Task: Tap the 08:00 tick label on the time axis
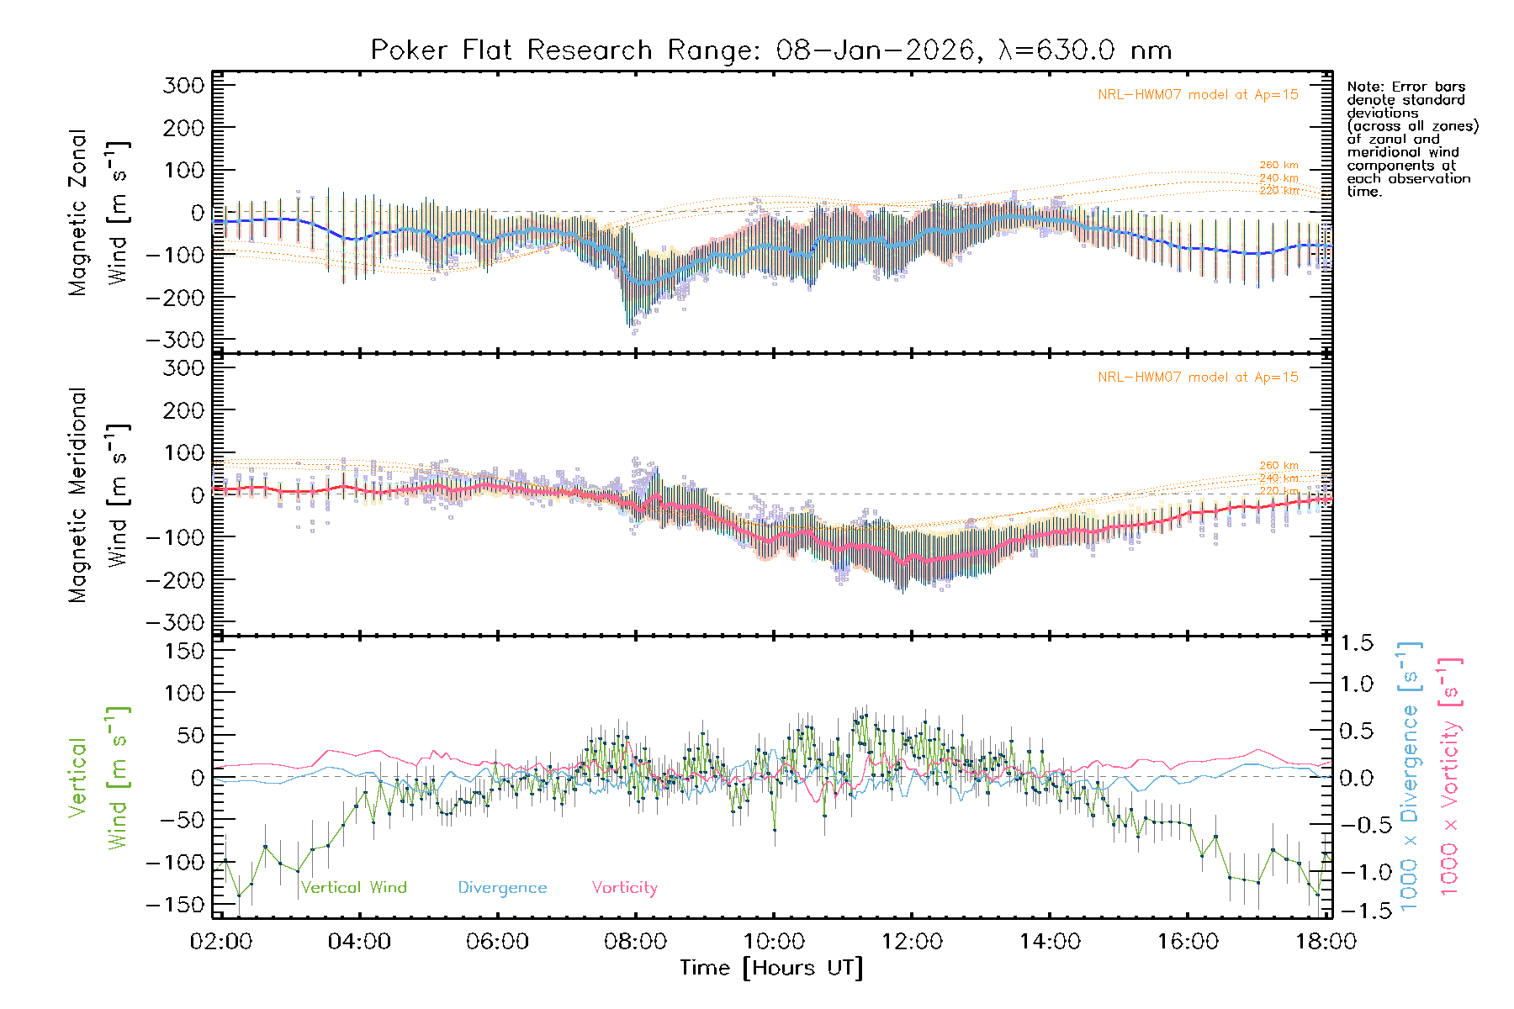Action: tap(635, 942)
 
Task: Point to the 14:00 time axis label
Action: tap(1050, 942)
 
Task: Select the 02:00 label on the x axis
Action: tap(221, 942)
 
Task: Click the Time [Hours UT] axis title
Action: tap(771, 968)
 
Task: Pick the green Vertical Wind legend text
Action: tap(353, 888)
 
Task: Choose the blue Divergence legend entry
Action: tap(502, 888)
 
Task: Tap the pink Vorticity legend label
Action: tap(624, 888)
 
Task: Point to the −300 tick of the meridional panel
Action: tap(176, 623)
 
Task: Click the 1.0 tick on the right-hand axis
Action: tap(1356, 684)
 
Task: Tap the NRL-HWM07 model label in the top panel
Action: tap(1198, 95)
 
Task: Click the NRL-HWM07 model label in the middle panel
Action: tap(1198, 378)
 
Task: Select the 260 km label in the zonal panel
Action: tap(1278, 166)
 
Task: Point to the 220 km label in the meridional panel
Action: tap(1278, 491)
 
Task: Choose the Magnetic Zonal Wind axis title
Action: tap(99, 213)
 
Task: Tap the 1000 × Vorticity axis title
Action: tap(1449, 778)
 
